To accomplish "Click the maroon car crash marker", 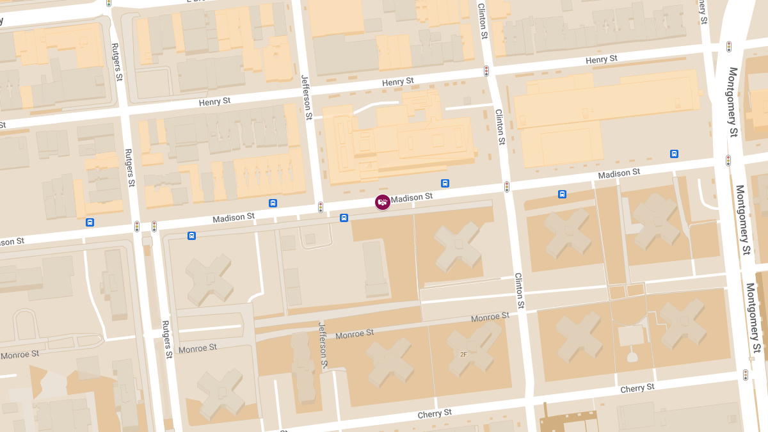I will (x=383, y=202).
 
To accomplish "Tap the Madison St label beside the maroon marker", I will (x=412, y=198).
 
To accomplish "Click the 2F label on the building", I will (x=463, y=354).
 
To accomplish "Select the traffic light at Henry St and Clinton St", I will (x=486, y=71).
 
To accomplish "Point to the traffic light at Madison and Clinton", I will (x=507, y=187).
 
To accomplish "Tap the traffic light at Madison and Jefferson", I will (x=321, y=207).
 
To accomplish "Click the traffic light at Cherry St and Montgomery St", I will (x=745, y=375).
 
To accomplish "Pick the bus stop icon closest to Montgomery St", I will (x=674, y=154).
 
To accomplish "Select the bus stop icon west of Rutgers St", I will (x=90, y=222).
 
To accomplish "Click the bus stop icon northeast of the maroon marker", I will (x=445, y=183).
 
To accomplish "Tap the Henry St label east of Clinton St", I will (x=602, y=60).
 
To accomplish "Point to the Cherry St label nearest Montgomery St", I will (x=637, y=388).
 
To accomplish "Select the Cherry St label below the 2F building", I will (x=435, y=414).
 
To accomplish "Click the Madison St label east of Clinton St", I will (x=619, y=173).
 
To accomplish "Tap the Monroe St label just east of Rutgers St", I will (x=198, y=348).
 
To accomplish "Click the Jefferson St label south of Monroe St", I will (x=323, y=346).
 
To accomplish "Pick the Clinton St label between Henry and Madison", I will (x=500, y=126).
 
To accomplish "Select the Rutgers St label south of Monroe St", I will (x=167, y=339).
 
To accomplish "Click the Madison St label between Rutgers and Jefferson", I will (x=234, y=218).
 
